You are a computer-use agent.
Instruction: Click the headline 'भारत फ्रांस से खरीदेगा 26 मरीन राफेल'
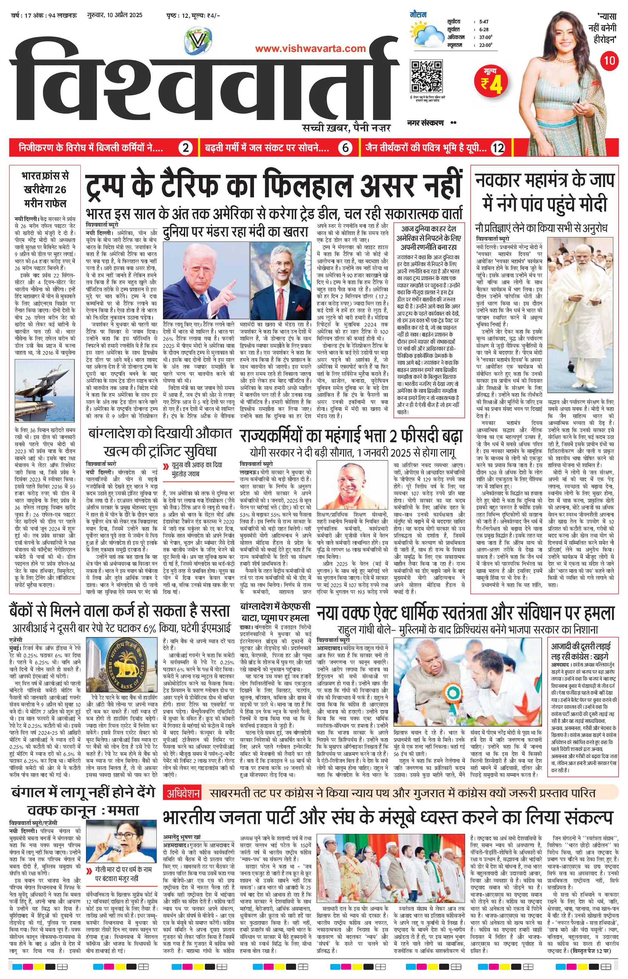(45, 190)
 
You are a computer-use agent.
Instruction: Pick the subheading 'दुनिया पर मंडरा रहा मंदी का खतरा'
(235, 232)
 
